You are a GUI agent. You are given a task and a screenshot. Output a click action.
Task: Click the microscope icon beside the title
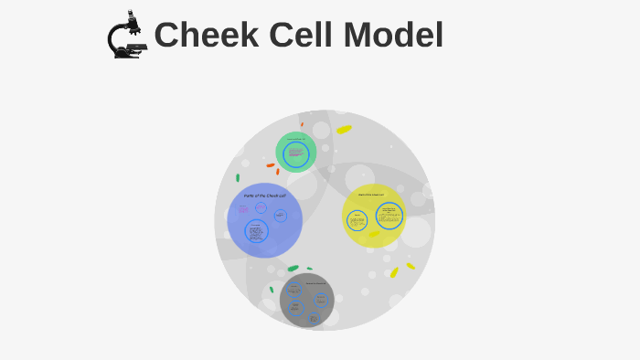coord(127,36)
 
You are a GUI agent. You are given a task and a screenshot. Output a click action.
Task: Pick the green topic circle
coord(296,152)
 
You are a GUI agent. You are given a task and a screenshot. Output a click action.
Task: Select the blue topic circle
coord(264,219)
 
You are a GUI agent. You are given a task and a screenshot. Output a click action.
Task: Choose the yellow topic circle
coord(374,216)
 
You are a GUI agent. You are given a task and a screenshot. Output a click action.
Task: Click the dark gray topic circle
coord(306,299)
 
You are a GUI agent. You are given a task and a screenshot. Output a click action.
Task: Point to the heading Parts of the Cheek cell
coord(264,196)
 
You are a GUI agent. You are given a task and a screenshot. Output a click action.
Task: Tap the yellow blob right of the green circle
coord(344,129)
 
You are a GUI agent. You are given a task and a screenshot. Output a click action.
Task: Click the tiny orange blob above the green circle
coord(302,124)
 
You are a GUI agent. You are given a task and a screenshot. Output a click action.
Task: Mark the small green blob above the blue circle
coord(238,177)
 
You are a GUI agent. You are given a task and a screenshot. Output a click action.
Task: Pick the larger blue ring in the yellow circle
coord(389,217)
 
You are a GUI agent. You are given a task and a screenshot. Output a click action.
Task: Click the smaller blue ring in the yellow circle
coord(357,220)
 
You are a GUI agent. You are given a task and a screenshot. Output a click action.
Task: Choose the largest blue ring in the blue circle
coord(256,232)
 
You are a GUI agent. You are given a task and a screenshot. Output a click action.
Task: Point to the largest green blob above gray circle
coord(293,269)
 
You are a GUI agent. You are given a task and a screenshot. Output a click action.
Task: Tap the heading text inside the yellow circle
coord(371,195)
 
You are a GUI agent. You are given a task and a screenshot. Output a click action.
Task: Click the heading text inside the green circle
coord(295,139)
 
